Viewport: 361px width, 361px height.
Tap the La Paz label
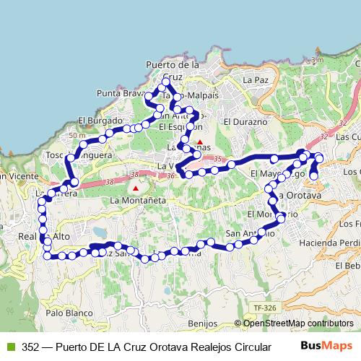point(255,79)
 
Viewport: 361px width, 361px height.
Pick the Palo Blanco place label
point(70,313)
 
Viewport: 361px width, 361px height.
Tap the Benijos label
point(201,323)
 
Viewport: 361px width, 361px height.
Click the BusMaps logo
point(325,346)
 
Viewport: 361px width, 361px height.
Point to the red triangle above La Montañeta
point(135,188)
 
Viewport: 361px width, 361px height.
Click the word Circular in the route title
point(245,347)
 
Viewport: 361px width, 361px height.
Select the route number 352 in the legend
point(30,347)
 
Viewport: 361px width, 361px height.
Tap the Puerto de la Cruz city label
point(172,70)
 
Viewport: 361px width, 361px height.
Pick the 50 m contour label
point(77,136)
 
